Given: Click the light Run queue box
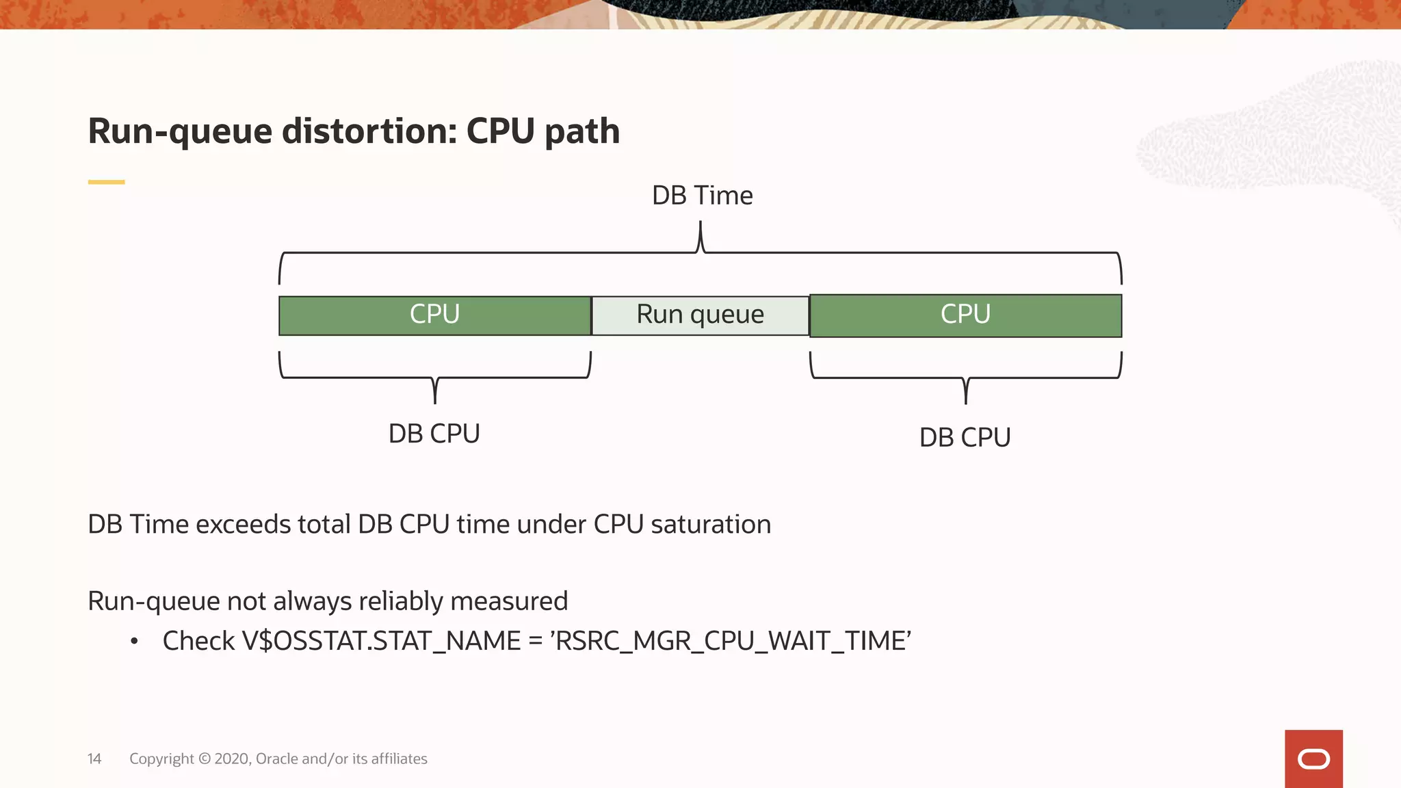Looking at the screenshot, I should pyautogui.click(x=700, y=315).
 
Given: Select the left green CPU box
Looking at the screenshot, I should pyautogui.click(x=434, y=315).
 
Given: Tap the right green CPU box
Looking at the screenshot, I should pyautogui.click(x=965, y=315).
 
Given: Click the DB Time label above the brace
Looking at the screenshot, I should pyautogui.click(x=702, y=196).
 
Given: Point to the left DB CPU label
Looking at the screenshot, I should pyautogui.click(x=434, y=434).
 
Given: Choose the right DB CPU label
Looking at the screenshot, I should pyautogui.click(x=965, y=438).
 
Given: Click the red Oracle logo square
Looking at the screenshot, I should pyautogui.click(x=1313, y=759).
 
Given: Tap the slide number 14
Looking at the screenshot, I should pyautogui.click(x=94, y=759).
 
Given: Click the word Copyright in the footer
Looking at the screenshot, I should pyautogui.click(x=161, y=759).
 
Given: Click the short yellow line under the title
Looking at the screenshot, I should pyautogui.click(x=106, y=182).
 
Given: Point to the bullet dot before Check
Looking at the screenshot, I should pyautogui.click(x=135, y=642).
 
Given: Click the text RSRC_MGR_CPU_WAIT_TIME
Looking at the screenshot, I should pyautogui.click(x=731, y=641).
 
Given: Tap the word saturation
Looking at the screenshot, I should pyautogui.click(x=711, y=525).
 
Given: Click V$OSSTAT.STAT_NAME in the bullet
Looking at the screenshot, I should pyautogui.click(x=381, y=641).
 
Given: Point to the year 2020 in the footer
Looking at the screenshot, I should pyautogui.click(x=232, y=759).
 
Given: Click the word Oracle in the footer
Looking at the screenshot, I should pyautogui.click(x=276, y=759).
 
